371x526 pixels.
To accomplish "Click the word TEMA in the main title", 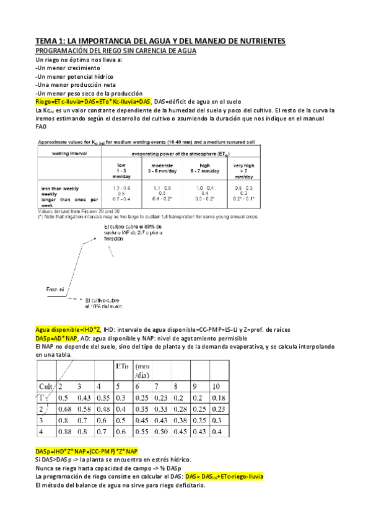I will tap(46, 41).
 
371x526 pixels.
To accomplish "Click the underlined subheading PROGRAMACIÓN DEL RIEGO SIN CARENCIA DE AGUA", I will tap(116, 50).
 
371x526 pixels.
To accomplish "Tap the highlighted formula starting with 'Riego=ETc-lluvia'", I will tap(93, 101).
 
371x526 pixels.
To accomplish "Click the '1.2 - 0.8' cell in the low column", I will tap(121, 187).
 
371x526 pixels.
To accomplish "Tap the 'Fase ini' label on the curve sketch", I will tap(55, 289).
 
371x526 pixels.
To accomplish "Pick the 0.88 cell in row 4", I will tap(64, 430).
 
